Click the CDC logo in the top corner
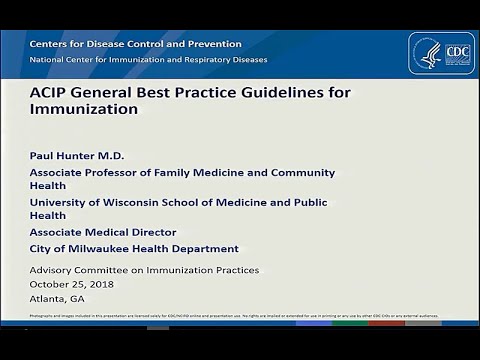pyautogui.click(x=441, y=54)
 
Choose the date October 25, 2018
pyautogui.click(x=71, y=284)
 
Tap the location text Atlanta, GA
pyautogui.click(x=57, y=298)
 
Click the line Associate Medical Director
pyautogui.click(x=102, y=232)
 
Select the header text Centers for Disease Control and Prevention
pyautogui.click(x=135, y=44)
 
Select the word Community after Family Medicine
pyautogui.click(x=300, y=172)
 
